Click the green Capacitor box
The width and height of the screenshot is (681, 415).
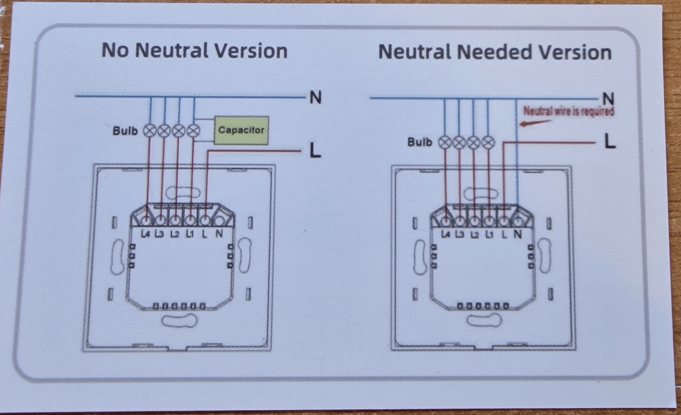(241, 130)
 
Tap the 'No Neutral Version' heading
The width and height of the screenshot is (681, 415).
(194, 50)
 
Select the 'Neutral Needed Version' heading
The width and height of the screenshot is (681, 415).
(495, 52)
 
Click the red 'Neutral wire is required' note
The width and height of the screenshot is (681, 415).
(568, 111)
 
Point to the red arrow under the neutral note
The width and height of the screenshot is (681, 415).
(535, 123)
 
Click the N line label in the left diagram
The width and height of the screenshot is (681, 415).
(315, 98)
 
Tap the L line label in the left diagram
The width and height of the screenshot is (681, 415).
(315, 150)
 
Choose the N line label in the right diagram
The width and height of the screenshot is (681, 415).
(608, 99)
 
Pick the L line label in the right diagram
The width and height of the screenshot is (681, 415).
(609, 142)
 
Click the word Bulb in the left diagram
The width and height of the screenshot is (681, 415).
(125, 131)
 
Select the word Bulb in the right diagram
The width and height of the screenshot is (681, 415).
(419, 143)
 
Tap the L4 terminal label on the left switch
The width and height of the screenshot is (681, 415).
(145, 234)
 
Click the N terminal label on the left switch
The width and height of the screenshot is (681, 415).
(219, 234)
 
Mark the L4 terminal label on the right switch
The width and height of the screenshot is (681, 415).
(445, 235)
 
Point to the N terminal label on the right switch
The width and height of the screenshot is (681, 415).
(517, 235)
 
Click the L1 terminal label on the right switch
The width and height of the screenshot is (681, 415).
(489, 235)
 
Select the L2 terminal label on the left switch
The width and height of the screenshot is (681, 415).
(175, 234)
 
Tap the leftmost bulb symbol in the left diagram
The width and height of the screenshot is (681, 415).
(150, 131)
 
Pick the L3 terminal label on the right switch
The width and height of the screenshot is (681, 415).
(460, 235)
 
